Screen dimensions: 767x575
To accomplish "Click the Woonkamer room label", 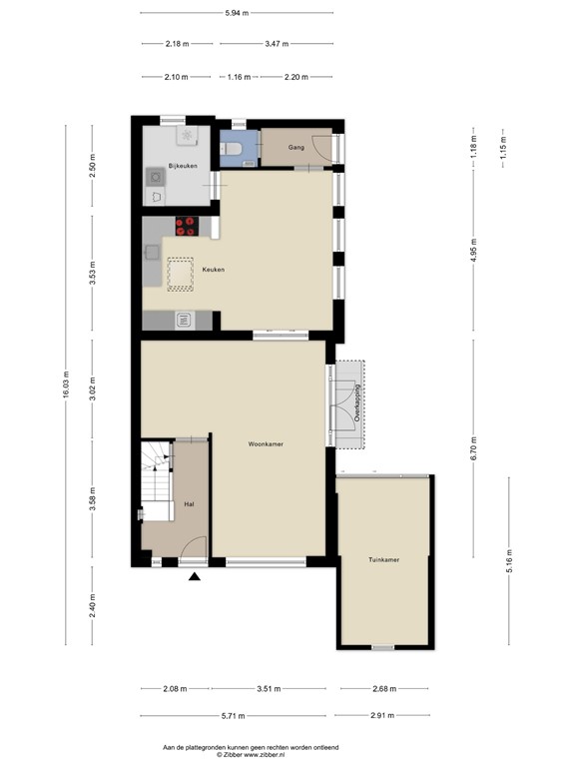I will [268, 443].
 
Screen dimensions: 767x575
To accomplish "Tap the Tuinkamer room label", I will [383, 560].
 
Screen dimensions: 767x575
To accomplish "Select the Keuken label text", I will [213, 270].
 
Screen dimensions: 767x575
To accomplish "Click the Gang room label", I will [295, 147].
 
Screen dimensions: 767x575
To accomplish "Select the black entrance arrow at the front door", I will [194, 575].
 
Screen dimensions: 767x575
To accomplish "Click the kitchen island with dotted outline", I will [180, 274].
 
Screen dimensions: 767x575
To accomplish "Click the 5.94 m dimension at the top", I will [238, 12].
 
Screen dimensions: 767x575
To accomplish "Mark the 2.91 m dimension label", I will [381, 716].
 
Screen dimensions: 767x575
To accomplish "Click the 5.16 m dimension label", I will [509, 562].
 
